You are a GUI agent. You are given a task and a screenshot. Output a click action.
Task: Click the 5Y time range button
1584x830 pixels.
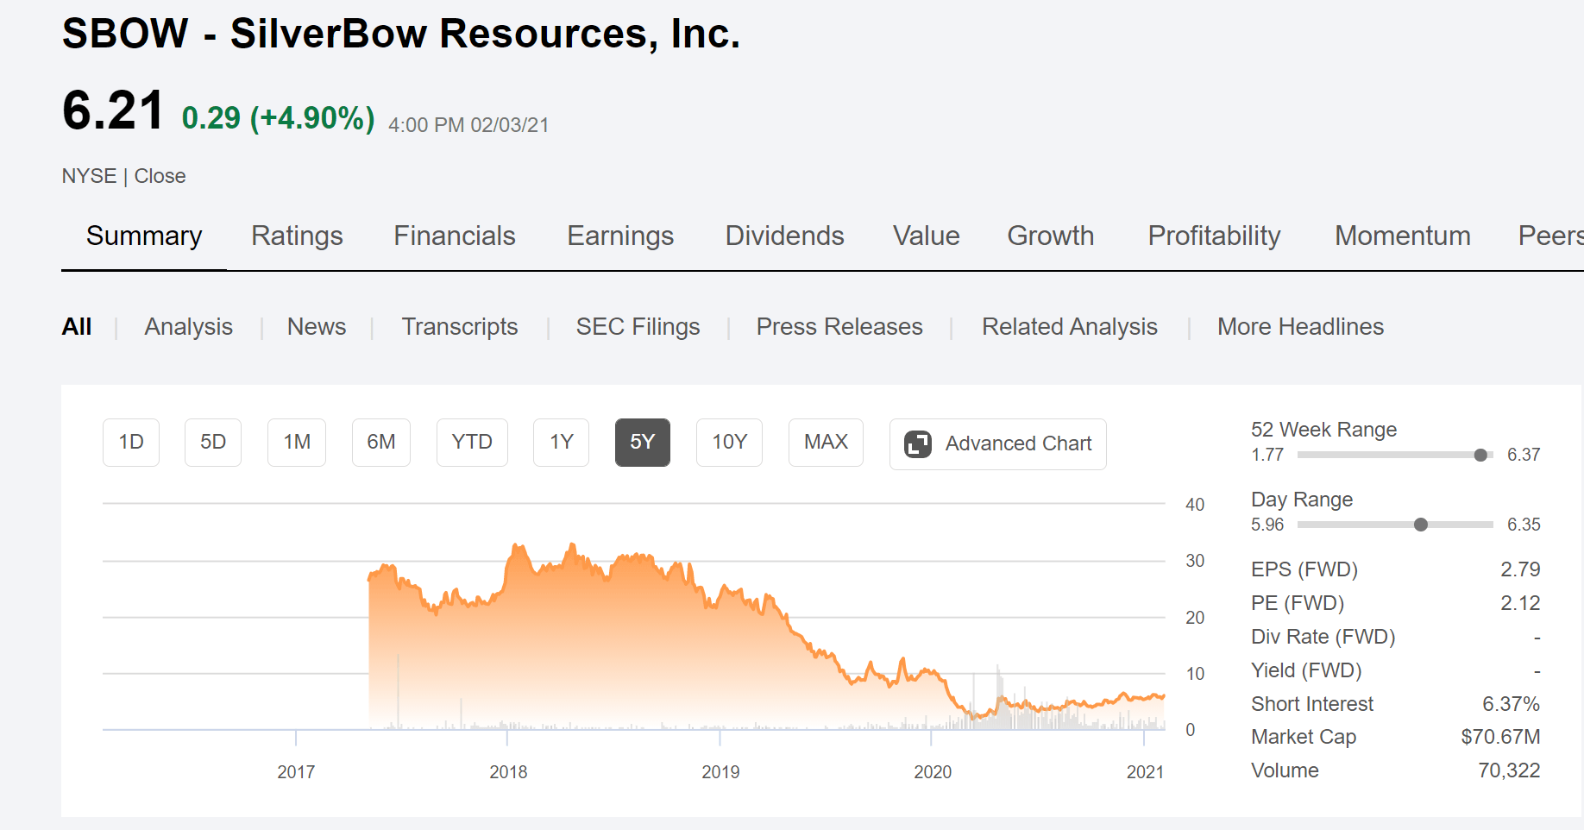643,443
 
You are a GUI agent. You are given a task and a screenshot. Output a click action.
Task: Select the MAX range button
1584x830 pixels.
826,443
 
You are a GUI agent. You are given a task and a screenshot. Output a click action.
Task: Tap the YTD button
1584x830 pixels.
472,443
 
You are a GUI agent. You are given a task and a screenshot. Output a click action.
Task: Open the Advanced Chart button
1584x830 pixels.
998,444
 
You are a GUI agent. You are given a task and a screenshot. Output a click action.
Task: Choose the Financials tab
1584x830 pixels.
455,236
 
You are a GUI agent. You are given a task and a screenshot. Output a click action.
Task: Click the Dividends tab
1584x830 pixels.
784,236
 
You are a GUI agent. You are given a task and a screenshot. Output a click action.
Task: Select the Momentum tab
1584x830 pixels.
1403,236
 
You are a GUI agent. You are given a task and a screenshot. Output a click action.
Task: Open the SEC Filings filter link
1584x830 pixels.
638,327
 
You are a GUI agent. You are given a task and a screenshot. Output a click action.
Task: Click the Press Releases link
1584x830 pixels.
839,327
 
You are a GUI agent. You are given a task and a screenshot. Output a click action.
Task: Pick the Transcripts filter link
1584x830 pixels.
460,327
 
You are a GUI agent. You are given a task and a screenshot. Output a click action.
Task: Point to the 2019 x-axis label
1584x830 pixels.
720,772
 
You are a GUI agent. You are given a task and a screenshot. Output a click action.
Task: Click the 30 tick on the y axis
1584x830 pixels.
1195,561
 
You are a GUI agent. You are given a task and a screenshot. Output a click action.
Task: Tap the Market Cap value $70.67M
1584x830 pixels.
1500,737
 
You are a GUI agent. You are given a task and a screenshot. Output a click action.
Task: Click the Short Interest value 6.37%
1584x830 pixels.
1511,704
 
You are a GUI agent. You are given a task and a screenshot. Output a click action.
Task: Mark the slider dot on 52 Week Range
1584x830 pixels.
1480,455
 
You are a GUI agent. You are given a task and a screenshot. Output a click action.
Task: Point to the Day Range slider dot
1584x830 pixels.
1421,525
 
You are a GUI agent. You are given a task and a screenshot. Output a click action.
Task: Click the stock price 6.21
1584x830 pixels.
113,111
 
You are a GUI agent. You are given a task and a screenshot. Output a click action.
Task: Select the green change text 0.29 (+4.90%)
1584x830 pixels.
278,118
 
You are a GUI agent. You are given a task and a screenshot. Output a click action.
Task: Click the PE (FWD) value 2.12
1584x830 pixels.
1520,603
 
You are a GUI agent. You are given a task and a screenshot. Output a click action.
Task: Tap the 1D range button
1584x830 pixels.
131,443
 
